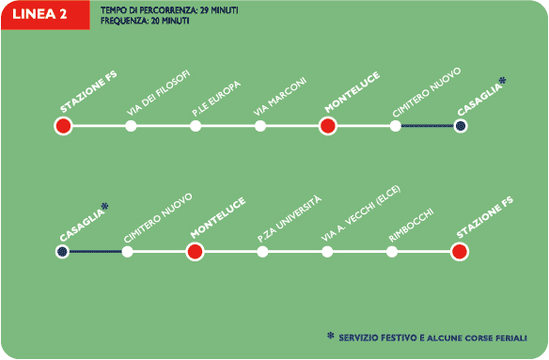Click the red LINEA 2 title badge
45,15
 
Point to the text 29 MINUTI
219,10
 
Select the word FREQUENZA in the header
124,21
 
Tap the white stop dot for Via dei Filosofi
131,126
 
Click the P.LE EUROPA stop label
216,99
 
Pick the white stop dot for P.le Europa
196,126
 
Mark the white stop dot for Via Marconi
260,126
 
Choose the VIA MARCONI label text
280,96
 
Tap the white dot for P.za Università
262,252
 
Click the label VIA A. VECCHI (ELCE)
361,213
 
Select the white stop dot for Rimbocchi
392,252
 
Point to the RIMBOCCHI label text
411,226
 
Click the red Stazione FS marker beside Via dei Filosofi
63,126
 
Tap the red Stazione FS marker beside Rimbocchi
460,252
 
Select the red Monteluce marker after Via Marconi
328,126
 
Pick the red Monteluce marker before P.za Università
195,252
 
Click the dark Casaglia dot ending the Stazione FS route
461,126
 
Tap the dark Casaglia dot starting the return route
62,252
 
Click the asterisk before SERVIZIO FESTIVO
330,336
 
